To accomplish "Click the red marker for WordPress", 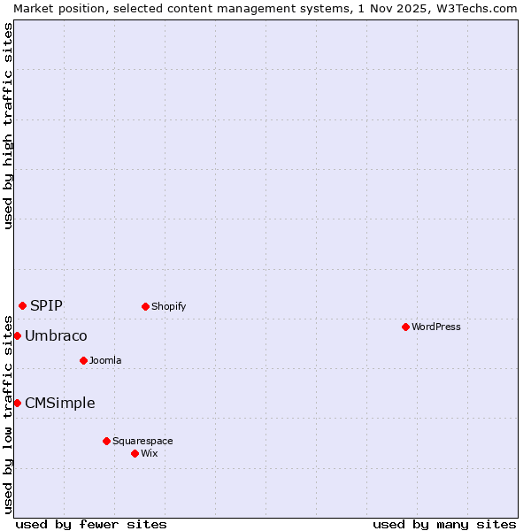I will coord(405,327).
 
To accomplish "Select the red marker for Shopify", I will coord(145,306).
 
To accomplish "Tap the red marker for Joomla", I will coord(83,360).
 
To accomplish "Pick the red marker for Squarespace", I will coord(106,441).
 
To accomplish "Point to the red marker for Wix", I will coord(135,453).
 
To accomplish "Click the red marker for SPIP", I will coord(22,305).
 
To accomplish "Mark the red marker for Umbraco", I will coord(17,335).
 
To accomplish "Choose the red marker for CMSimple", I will coord(17,403).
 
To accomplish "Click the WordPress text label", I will coord(436,327).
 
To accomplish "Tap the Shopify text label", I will coord(168,306).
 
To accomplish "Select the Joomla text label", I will coord(105,360).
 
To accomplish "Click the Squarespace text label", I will coord(142,441).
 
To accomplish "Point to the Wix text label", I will coord(149,453).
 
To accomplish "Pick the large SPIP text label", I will coord(46,305).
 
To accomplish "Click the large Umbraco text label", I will coord(56,335).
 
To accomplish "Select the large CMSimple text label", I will coord(59,403).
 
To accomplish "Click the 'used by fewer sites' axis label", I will coord(91,524).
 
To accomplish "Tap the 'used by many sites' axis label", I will coord(444,524).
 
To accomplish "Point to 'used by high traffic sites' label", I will coord(8,126).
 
